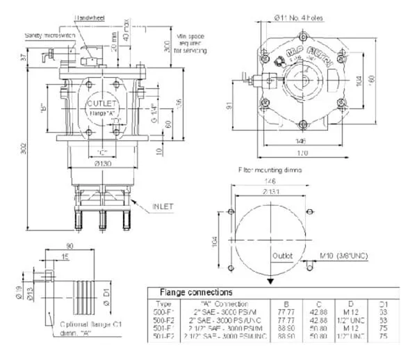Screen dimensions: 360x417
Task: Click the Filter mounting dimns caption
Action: point(270,168)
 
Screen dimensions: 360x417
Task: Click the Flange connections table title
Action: point(196,293)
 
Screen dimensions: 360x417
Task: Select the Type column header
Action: point(165,304)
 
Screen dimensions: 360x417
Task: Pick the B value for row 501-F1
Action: point(284,329)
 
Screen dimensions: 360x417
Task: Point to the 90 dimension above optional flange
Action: point(69,246)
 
